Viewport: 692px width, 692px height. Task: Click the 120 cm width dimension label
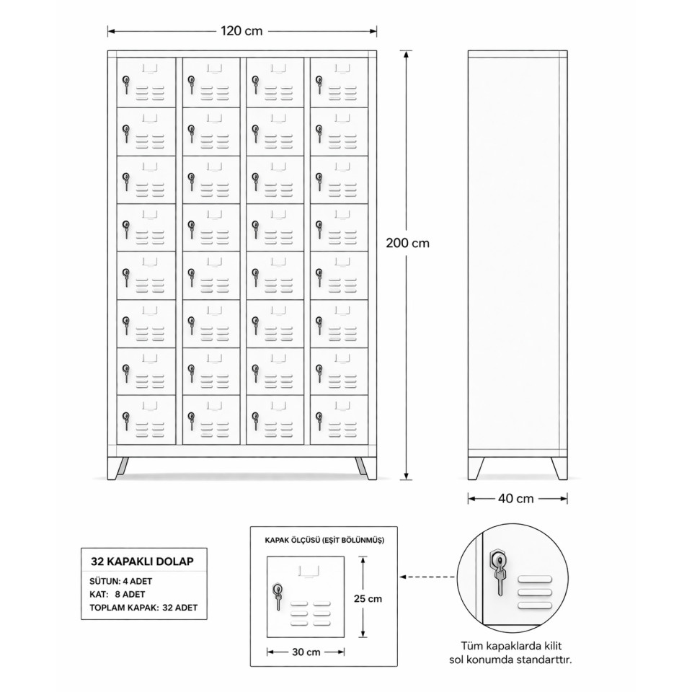pyautogui.click(x=241, y=30)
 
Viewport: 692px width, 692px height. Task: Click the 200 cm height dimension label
pyautogui.click(x=407, y=243)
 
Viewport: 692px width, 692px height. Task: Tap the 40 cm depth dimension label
pyautogui.click(x=516, y=497)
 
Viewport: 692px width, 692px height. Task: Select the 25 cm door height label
pyautogui.click(x=368, y=598)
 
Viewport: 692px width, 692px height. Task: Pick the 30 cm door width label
pyautogui.click(x=305, y=652)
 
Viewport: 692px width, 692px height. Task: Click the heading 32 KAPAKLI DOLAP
pyautogui.click(x=141, y=559)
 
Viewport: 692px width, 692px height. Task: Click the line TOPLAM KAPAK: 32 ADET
pyautogui.click(x=143, y=608)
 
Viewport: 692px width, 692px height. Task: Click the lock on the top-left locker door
pyautogui.click(x=126, y=84)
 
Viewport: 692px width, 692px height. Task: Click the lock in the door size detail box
pyautogui.click(x=278, y=593)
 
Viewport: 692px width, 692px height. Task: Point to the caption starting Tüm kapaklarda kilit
pyautogui.click(x=515, y=652)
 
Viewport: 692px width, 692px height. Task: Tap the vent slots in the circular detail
pyautogui.click(x=534, y=591)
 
